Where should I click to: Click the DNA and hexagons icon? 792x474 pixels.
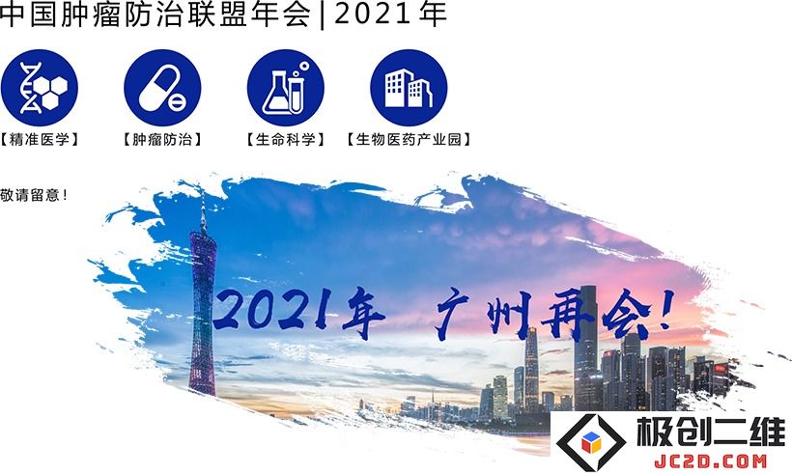coord(40,87)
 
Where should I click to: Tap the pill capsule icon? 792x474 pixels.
coord(162,87)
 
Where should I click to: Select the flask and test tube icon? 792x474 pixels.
coord(285,87)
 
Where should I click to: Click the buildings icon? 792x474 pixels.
coord(409,87)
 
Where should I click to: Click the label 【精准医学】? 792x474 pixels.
coord(40,139)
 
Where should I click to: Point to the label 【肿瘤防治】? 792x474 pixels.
coord(162,139)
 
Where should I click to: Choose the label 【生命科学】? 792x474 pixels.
coord(285,139)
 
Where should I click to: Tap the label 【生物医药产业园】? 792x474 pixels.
coord(409,139)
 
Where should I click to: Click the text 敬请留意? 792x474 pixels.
coord(34,195)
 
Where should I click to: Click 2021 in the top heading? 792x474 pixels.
coord(373,14)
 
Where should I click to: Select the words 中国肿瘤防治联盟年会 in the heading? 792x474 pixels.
coord(156,14)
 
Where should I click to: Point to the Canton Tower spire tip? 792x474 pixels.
coord(203,189)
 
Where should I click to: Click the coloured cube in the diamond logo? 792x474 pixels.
coord(591,442)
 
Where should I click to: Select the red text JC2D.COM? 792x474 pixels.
coord(711,460)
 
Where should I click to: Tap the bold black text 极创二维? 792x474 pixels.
coord(711,432)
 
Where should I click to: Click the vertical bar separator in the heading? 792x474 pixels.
coord(323,15)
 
